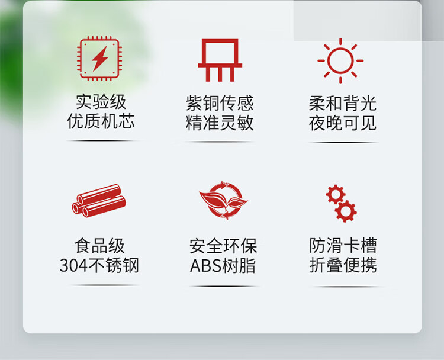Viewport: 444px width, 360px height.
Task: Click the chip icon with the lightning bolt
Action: coord(99,59)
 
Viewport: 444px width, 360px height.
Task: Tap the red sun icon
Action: coord(340,60)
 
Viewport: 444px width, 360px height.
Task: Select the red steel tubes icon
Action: coord(99,201)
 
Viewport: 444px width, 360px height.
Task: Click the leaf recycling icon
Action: coord(223,200)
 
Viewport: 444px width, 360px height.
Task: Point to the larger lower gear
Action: coord(346,211)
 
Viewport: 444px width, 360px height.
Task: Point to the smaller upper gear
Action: coord(336,194)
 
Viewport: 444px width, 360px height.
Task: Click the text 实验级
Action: coord(101,102)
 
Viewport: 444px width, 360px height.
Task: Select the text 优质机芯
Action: coord(101,121)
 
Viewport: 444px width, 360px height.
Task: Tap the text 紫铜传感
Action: coord(220,103)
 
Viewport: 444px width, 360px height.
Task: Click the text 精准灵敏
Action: coord(220,123)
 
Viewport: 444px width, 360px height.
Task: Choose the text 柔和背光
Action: coord(343,104)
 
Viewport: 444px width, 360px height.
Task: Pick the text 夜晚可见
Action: coord(343,123)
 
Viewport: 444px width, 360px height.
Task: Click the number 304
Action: coord(73,266)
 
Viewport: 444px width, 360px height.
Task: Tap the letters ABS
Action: coord(205,266)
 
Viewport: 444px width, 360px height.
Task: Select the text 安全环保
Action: coord(223,246)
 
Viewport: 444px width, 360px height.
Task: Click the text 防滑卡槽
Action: coord(343,245)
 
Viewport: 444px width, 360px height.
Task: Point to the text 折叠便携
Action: coord(343,265)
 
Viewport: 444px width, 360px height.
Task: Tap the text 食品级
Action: coord(99,246)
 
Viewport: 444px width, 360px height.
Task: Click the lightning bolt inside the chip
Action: coord(99,59)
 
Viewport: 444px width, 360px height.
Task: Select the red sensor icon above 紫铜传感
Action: coord(220,60)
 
